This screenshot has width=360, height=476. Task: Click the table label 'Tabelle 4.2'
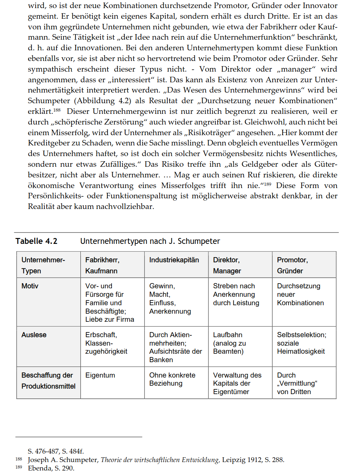click(x=36, y=241)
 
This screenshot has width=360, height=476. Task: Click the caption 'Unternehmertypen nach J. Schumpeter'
click(x=150, y=241)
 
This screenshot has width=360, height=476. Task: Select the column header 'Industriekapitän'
click(x=174, y=260)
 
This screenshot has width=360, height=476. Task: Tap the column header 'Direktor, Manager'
click(x=227, y=265)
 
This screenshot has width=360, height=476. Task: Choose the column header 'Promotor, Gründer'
click(x=292, y=265)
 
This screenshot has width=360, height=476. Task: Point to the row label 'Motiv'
click(x=30, y=286)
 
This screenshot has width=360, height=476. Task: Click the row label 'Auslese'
click(x=34, y=335)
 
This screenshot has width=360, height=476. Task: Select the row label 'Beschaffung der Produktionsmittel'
click(x=48, y=381)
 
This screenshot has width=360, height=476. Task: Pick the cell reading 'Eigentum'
click(x=100, y=375)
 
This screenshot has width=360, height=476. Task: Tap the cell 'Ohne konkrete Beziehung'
click(x=172, y=379)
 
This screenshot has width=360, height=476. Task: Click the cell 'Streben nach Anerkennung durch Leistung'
click(x=236, y=295)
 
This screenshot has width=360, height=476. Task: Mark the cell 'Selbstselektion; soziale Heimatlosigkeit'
click(x=301, y=343)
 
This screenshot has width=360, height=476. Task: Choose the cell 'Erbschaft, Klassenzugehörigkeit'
click(x=106, y=343)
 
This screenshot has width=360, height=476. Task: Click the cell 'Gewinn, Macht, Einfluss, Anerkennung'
click(x=170, y=299)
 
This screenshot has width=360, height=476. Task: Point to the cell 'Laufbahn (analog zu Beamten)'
click(x=229, y=343)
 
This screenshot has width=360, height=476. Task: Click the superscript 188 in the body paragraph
click(x=57, y=110)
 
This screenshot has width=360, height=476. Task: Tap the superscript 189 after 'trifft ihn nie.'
click(x=268, y=184)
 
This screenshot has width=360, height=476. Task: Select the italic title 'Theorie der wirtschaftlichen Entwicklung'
click(x=160, y=460)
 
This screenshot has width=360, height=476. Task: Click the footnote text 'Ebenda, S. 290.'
click(x=51, y=468)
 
